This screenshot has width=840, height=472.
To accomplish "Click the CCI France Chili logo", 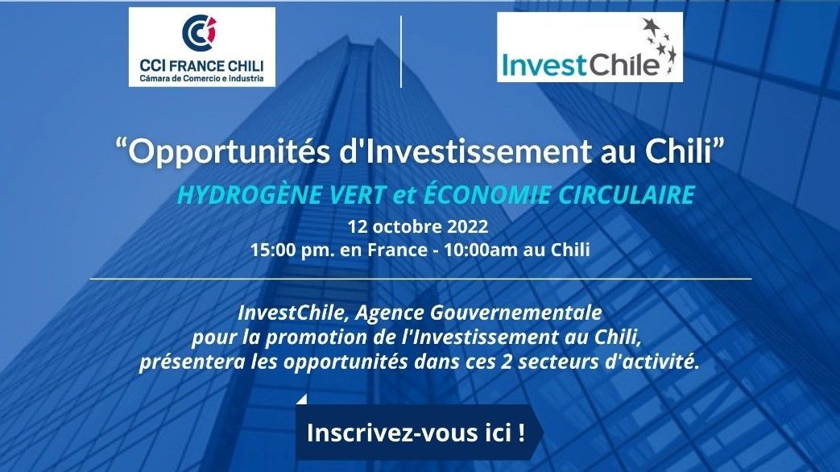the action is click(x=202, y=48).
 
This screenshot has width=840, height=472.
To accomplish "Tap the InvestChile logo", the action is click(x=590, y=48).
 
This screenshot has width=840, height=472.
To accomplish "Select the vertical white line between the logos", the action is click(x=401, y=52).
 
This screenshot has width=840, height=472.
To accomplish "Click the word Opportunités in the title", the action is click(x=230, y=152).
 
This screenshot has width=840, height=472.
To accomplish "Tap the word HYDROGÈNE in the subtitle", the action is click(x=250, y=194).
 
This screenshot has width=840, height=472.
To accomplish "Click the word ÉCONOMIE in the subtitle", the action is click(x=486, y=193).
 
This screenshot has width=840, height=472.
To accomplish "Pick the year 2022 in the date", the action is click(x=468, y=226).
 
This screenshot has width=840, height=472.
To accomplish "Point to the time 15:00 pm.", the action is click(x=292, y=250).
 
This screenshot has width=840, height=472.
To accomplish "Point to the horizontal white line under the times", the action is click(x=420, y=279).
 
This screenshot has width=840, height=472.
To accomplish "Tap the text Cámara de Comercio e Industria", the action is click(x=202, y=79).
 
